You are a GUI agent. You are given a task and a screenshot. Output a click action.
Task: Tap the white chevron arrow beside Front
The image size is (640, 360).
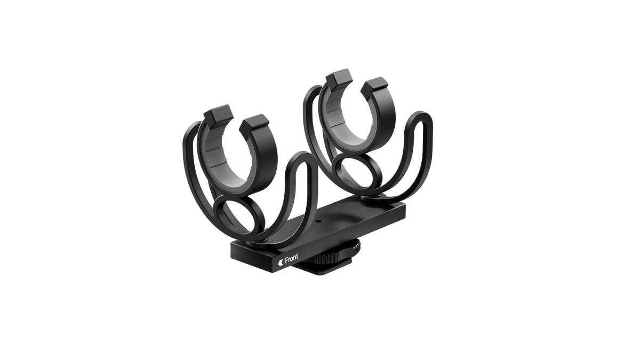[x=281, y=262]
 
